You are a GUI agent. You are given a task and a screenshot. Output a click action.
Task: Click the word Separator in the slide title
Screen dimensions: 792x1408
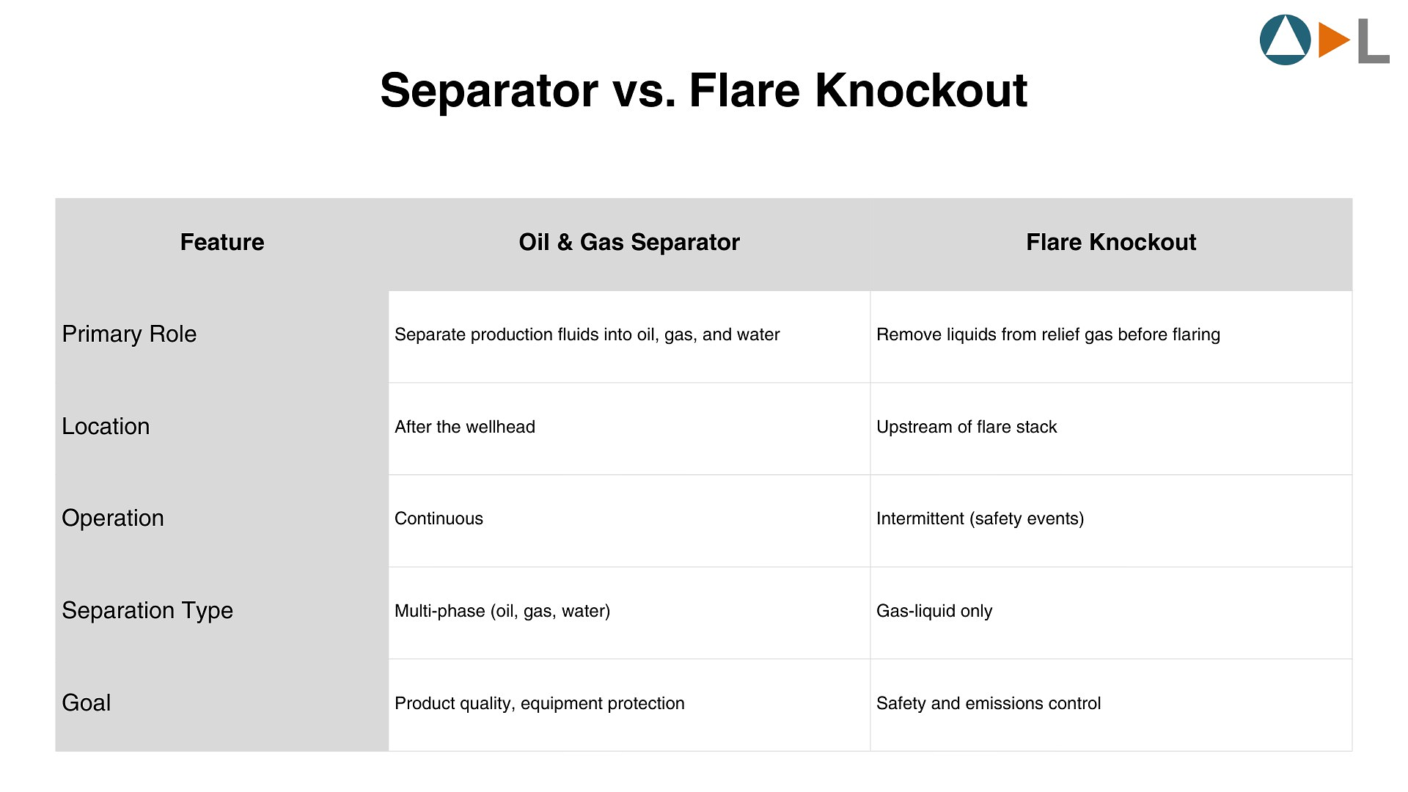(489, 91)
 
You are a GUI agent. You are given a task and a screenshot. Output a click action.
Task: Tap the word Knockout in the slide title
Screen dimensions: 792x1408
(920, 91)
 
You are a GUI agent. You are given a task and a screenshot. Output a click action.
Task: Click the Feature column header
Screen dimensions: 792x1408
(222, 242)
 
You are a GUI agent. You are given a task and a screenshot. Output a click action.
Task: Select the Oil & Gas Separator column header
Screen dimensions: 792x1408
(629, 242)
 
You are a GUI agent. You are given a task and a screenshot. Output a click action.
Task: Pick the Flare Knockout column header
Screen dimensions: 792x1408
(1111, 242)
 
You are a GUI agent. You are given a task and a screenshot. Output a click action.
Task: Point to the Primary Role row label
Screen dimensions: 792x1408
(129, 334)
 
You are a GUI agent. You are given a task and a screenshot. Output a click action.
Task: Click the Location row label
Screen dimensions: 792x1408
(106, 427)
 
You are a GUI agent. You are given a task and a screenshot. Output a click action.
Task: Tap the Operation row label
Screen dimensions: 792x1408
(113, 518)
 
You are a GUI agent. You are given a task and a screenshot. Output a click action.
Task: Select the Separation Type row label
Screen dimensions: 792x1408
(147, 611)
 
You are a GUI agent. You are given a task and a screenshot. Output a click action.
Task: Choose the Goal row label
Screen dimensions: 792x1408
(87, 703)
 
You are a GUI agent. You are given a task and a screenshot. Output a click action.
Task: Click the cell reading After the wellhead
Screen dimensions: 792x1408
(465, 427)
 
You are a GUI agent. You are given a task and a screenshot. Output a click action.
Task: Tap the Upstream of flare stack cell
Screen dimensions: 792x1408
(967, 427)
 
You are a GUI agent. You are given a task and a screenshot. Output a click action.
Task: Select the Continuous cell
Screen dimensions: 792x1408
(439, 518)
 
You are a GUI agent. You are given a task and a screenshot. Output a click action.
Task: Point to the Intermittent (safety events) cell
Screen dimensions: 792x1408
(980, 518)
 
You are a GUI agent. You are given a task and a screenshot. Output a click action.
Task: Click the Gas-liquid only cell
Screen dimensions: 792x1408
(934, 611)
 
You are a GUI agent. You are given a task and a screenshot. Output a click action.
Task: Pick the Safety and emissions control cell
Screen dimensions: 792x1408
(989, 703)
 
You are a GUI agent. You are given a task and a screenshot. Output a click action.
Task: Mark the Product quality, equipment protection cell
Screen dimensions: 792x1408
(540, 703)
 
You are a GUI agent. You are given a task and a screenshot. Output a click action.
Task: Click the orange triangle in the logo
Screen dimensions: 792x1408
(1331, 40)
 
